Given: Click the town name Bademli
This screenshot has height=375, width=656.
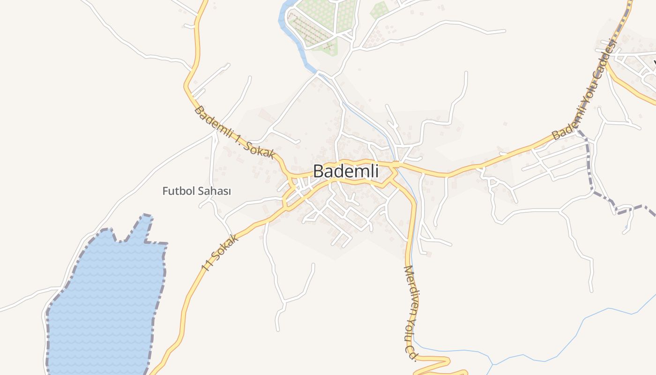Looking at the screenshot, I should [x=345, y=171].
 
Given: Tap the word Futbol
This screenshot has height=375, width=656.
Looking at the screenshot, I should [x=177, y=191].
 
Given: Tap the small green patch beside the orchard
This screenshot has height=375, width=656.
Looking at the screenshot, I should [x=380, y=9].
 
